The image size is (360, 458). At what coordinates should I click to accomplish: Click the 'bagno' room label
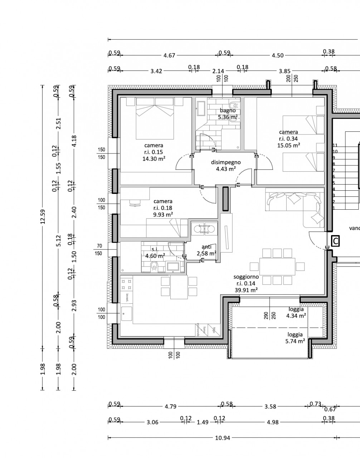point(228,111)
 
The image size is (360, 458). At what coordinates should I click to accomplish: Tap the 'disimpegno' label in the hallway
point(225,162)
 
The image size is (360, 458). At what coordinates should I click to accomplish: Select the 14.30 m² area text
point(154,159)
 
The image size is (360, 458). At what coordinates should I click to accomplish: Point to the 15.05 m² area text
point(288,145)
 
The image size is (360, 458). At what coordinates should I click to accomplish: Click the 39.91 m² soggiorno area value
point(246,290)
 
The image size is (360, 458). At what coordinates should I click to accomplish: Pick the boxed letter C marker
point(335,242)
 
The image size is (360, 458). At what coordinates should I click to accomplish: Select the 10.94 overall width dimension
point(222,438)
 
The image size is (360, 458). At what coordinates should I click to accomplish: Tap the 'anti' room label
point(206,247)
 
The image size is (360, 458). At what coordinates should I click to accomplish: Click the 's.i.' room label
point(155,249)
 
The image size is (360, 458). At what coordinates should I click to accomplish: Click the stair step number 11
point(335,145)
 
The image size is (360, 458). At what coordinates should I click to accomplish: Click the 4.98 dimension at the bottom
point(272,422)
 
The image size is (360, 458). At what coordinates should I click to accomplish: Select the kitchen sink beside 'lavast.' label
point(126,313)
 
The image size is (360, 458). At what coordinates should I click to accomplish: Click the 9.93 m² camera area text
point(163,214)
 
